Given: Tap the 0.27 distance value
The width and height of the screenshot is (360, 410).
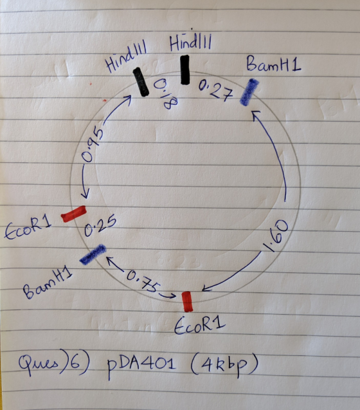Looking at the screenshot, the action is coord(216,91).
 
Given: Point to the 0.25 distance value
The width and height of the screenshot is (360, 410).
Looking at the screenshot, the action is coord(100,227).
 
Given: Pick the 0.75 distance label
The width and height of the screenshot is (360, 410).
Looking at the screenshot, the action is coord(142,282).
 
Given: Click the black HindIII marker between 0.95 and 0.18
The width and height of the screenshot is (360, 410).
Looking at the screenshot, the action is coord(141,82).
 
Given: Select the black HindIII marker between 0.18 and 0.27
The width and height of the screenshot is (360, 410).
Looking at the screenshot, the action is coord(185,70).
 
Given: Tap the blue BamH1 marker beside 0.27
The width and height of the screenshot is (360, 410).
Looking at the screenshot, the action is coord(249,92).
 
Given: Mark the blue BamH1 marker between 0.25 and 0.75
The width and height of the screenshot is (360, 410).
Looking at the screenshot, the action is coord(93,254).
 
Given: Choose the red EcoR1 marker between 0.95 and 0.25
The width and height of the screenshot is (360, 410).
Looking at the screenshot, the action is coord(73,214).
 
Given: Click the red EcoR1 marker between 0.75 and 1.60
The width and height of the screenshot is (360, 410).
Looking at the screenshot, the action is coord(187,302).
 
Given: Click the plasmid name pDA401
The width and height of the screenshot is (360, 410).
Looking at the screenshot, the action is coord(141,364).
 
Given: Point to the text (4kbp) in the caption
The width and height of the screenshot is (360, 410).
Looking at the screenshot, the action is coord(224,364).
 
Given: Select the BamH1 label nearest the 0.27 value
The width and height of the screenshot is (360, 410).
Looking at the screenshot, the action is coord(273,64).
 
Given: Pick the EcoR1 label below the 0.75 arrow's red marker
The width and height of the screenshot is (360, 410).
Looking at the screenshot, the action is coord(199,326).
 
